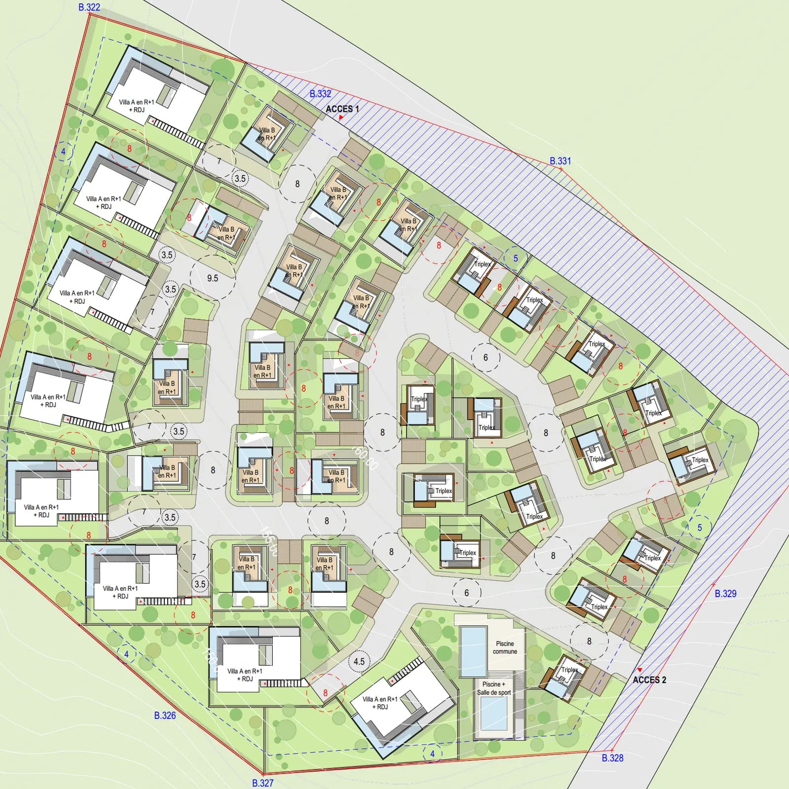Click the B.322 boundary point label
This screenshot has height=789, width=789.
[89, 7]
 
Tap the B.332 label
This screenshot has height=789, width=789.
[321, 94]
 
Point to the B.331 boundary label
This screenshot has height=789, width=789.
[560, 161]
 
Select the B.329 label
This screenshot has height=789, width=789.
[725, 594]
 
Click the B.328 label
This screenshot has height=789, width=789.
[612, 758]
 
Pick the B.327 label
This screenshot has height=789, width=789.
[262, 783]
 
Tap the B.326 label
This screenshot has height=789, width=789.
[165, 716]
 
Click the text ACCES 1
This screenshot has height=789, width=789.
[342, 109]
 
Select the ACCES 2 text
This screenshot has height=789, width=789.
[649, 680]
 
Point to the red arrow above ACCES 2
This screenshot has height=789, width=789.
[640, 670]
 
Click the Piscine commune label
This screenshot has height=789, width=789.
[505, 647]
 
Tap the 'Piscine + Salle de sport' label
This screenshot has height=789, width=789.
[494, 688]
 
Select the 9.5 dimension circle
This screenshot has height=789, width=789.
[213, 278]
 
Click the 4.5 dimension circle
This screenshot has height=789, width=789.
[359, 662]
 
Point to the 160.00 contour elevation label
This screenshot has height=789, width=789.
[365, 457]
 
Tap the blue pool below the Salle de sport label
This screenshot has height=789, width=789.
[493, 714]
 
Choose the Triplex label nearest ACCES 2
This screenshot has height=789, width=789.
[570, 670]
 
